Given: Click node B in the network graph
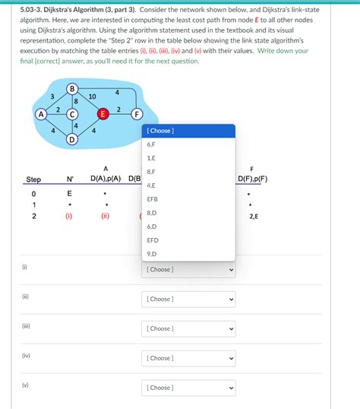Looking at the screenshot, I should [72, 90].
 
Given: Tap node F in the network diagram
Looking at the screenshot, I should [137, 115].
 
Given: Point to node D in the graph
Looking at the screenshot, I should [72, 140].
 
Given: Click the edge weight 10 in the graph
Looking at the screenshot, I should [92, 97].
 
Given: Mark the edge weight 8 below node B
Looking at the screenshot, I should [76, 102].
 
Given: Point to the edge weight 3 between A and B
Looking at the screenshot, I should [52, 97].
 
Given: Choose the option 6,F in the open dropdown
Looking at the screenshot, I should [151, 144].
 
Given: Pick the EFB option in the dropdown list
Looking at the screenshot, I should [153, 199].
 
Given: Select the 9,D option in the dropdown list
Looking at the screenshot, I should [151, 254].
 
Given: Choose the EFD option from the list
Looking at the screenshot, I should [153, 240].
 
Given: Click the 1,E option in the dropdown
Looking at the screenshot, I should [151, 158].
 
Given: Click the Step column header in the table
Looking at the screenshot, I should [33, 179].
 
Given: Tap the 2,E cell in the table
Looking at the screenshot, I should [253, 216].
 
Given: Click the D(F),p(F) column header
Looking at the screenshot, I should [252, 179].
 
